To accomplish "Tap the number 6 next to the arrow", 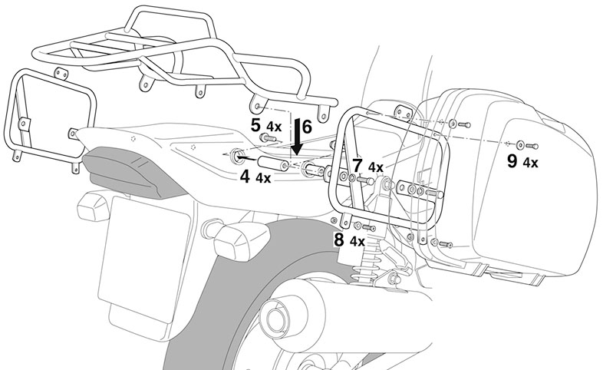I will point(306,126).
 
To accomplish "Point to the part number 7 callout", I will point(358,165).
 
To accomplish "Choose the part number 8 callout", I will point(338,240).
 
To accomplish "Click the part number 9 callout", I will point(512,160).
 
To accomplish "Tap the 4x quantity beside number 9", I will point(530,162).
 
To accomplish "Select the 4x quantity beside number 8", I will point(357,241).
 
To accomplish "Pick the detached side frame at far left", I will point(46,115).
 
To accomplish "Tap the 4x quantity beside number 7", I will point(376,167).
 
